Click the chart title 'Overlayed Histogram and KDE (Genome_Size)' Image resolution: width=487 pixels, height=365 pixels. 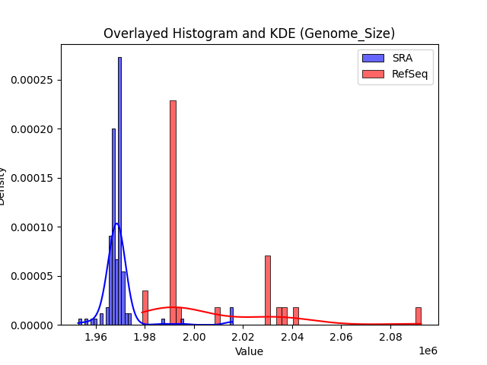[x=249, y=33]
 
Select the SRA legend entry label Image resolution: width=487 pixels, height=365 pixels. [x=402, y=58]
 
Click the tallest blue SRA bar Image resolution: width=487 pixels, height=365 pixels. [x=119, y=190]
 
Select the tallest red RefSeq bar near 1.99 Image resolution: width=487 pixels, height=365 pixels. [x=173, y=213]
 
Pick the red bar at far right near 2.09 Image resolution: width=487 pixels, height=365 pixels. [x=418, y=316]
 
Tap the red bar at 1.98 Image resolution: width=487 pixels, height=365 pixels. [x=145, y=308]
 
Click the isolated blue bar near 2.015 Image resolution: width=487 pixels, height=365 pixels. [x=231, y=316]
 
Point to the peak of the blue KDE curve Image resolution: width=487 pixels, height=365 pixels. [x=116, y=224]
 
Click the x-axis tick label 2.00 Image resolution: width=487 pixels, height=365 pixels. [x=194, y=337]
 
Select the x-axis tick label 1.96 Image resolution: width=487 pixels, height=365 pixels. [x=96, y=337]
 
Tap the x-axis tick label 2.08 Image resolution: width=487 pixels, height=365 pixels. [x=390, y=337]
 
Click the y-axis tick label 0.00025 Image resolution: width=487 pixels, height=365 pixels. [x=33, y=80]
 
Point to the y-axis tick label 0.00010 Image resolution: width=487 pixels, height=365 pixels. [x=33, y=227]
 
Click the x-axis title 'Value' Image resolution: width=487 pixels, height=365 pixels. [x=249, y=351]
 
